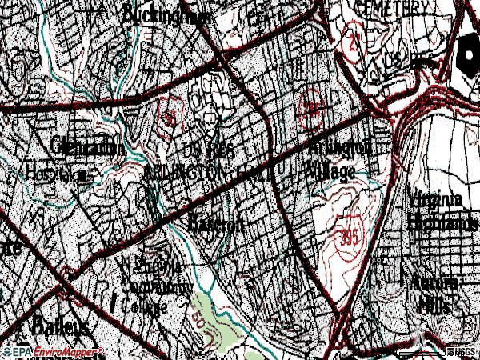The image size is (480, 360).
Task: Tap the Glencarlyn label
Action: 87,147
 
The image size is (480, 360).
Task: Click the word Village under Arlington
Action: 330,171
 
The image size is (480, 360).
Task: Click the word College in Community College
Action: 144,306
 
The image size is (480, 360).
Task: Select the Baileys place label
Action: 61,326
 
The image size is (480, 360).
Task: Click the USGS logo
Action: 462,352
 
